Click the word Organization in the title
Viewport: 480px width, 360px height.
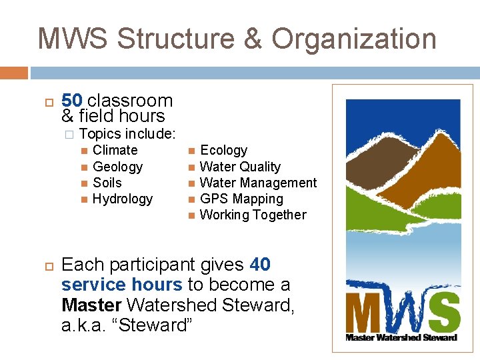point(353,39)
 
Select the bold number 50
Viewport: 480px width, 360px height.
point(71,101)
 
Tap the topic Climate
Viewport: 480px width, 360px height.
point(115,151)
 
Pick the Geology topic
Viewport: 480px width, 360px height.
point(117,167)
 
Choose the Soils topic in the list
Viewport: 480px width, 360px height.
point(107,183)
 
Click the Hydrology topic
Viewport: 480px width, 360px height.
point(123,199)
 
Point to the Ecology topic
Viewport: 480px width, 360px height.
point(223,151)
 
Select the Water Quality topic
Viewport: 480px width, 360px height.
point(240,167)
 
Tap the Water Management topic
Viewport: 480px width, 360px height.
point(258,183)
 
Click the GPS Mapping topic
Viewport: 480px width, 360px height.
point(241,199)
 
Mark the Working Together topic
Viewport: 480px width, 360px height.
point(253,215)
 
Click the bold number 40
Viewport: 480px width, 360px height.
point(260,265)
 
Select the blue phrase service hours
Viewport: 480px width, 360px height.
point(121,285)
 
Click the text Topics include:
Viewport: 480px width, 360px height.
point(127,134)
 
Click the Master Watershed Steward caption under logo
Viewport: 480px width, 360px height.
point(401,337)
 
